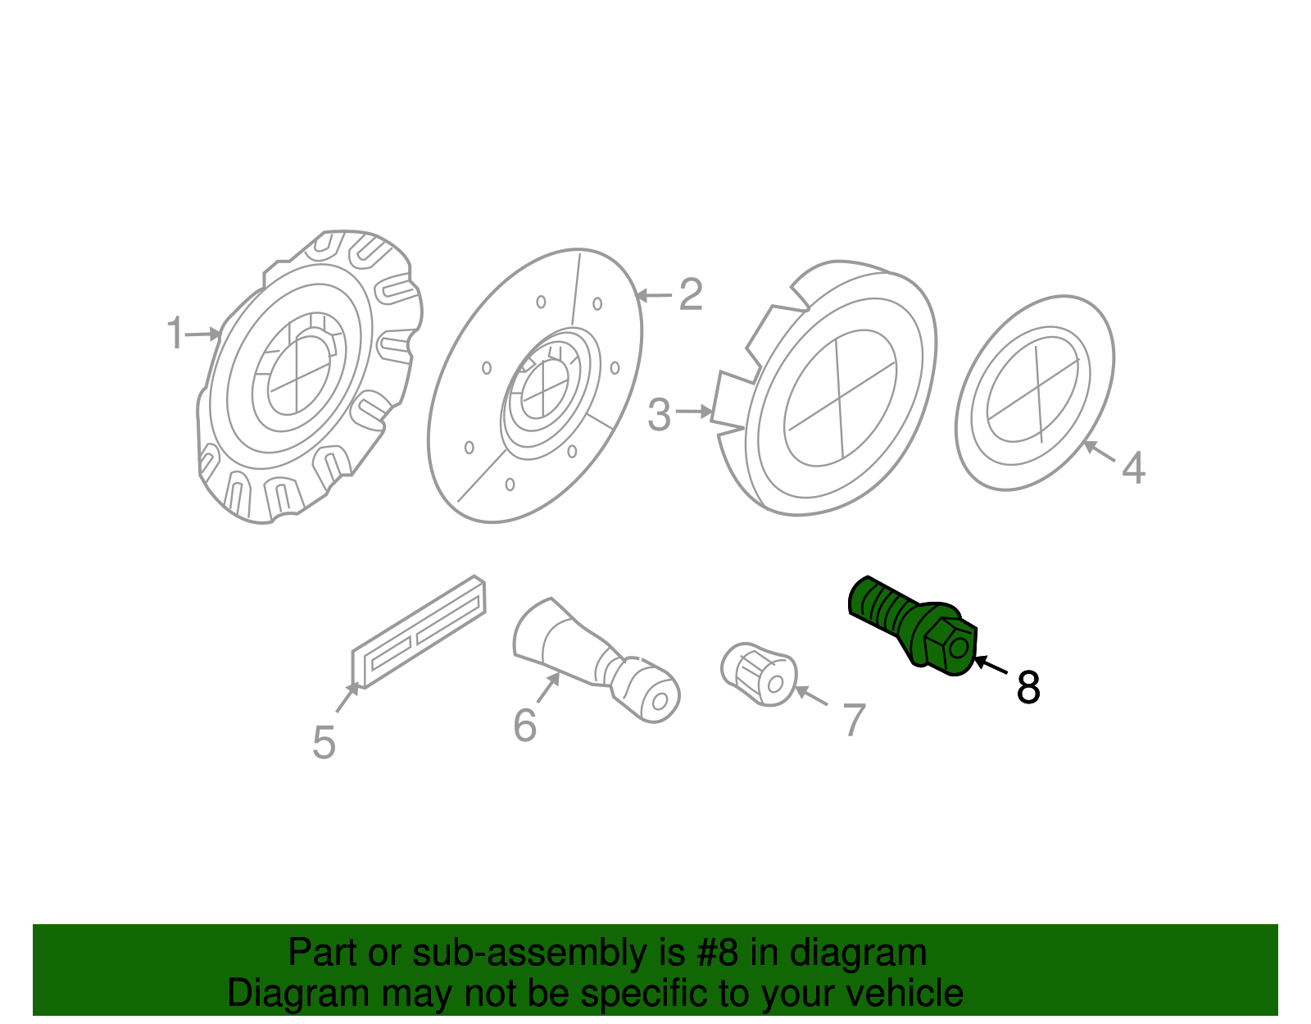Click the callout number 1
click(175, 334)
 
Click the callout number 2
click(691, 294)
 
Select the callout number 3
click(659, 415)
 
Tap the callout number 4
click(1133, 468)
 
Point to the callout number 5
click(324, 743)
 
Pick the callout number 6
click(524, 726)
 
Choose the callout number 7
click(854, 720)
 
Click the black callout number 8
click(1028, 687)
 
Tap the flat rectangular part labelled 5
click(419, 631)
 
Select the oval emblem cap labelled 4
click(1035, 393)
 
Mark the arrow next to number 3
click(694, 412)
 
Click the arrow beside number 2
click(655, 295)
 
